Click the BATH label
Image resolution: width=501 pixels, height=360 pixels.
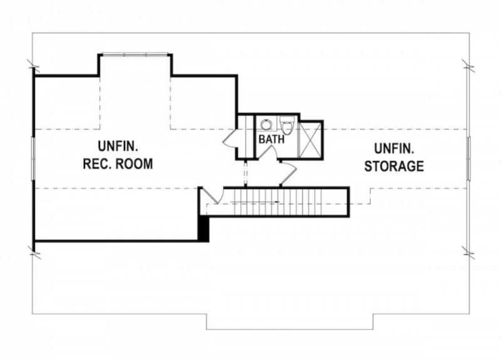[271, 140]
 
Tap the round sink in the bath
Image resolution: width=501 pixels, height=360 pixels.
[266, 124]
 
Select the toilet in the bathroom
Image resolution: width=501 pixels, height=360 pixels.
[287, 126]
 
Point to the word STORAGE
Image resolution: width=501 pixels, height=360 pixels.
[394, 167]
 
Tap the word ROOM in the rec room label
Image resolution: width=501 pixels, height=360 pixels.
[136, 164]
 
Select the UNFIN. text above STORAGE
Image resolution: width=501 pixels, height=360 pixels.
[394, 148]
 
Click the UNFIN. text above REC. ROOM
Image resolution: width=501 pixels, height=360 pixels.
[118, 147]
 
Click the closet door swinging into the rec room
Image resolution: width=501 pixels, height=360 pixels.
[230, 138]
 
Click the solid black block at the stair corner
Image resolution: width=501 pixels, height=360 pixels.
[203, 228]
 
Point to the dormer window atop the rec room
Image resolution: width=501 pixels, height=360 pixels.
[135, 54]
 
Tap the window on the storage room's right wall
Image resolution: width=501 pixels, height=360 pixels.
[468, 158]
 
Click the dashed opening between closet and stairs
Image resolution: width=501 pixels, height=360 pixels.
[245, 173]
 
